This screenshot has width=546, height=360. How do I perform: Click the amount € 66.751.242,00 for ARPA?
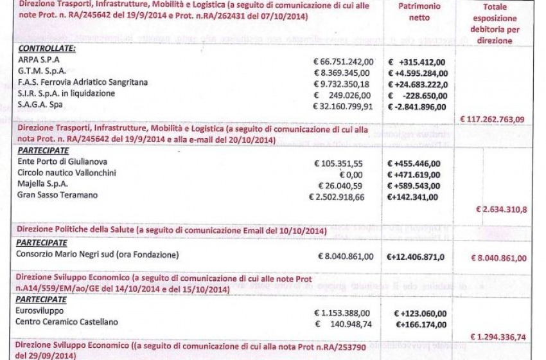point(343,62)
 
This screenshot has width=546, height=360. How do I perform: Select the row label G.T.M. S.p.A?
point(42,72)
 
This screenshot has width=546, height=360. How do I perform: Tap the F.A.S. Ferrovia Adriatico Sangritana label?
point(83,83)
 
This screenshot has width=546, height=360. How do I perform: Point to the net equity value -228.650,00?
point(419,94)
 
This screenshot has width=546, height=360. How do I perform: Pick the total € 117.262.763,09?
point(493,118)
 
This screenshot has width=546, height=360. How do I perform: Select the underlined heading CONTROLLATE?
point(46,49)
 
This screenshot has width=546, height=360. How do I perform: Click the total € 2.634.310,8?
point(501,209)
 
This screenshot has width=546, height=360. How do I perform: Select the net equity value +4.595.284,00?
point(418,73)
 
